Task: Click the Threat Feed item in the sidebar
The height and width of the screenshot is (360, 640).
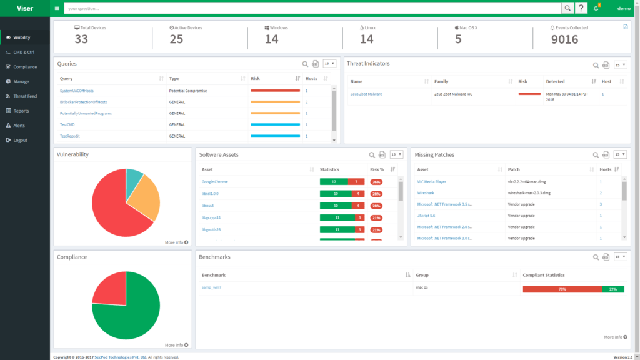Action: (25, 96)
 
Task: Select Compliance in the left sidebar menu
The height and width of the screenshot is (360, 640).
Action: (25, 67)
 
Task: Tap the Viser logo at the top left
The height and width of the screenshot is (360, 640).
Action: (24, 8)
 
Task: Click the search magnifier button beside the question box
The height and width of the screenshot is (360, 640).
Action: (567, 8)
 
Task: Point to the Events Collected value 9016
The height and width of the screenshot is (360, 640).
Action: (564, 39)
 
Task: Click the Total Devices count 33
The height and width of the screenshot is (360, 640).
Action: (81, 39)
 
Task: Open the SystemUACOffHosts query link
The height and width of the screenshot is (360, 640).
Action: (76, 91)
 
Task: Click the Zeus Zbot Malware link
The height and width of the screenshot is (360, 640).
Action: (366, 94)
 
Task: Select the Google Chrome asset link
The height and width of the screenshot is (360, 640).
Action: (214, 182)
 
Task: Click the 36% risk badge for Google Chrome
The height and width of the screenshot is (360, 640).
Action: (376, 182)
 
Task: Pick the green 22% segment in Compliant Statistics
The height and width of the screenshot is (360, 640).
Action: (612, 289)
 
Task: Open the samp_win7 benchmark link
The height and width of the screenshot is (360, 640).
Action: (211, 287)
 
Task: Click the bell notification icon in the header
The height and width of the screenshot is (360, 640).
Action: (596, 8)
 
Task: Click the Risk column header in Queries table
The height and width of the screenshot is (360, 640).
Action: (255, 79)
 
